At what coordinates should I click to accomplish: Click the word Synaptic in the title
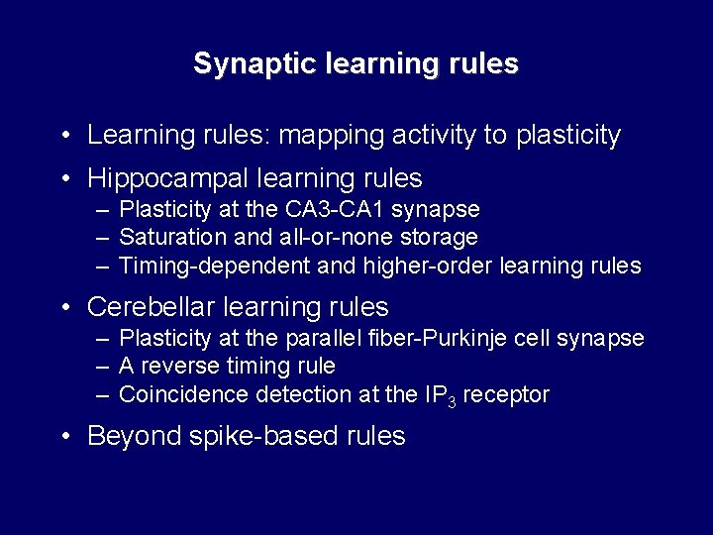(x=255, y=63)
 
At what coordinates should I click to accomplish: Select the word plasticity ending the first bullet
(x=568, y=136)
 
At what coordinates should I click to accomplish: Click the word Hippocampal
(x=167, y=178)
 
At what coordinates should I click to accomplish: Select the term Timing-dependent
(x=214, y=267)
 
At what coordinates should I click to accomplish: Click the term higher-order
(x=428, y=267)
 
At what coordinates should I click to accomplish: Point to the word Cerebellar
(x=151, y=306)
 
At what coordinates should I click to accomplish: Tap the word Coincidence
(x=183, y=394)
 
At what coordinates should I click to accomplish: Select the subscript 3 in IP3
(x=452, y=402)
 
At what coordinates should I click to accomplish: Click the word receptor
(x=506, y=395)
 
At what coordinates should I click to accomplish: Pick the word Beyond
(x=134, y=435)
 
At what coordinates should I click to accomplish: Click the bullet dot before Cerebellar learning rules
(x=66, y=307)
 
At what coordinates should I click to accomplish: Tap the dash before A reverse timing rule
(x=103, y=368)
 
